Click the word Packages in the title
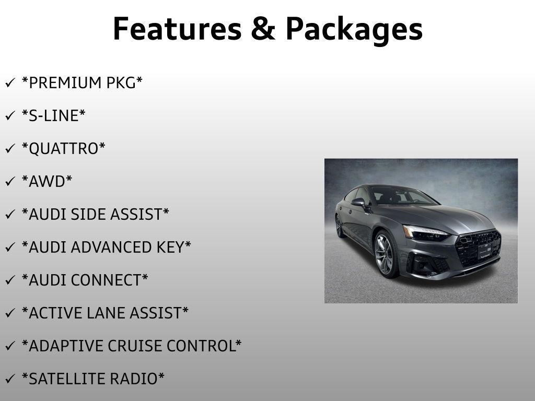pos(354,29)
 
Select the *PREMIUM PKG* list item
pos(82,83)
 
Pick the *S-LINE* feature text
pos(53,116)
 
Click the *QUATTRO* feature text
pos(63,149)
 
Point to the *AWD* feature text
pos(47,182)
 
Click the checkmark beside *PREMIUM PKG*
pos(9,84)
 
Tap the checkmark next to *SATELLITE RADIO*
pos(9,380)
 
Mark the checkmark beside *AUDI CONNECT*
pos(9,281)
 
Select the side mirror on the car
pos(358,202)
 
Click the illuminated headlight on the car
pos(424,233)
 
